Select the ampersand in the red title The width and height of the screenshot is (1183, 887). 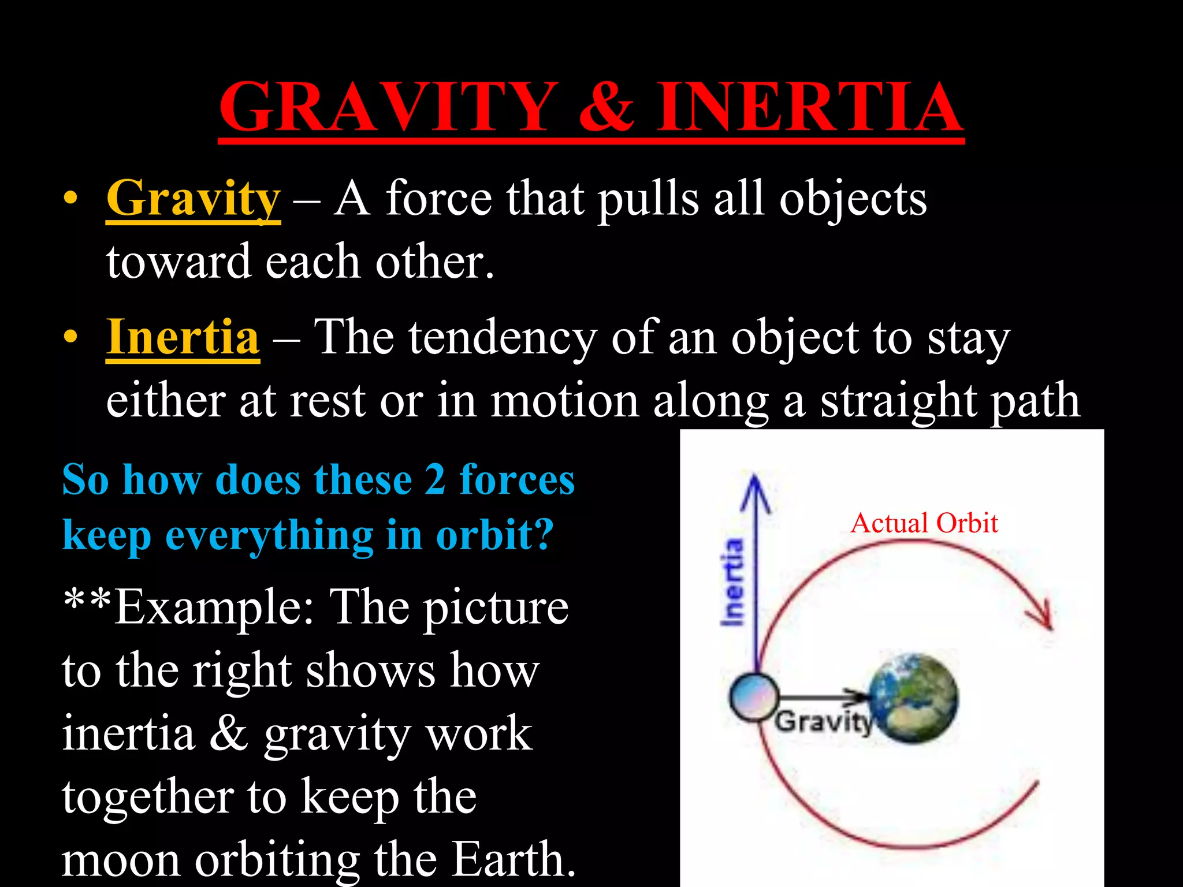coord(607,107)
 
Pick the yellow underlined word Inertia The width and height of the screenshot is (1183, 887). coord(183,337)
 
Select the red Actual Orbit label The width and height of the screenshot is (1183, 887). coord(924,523)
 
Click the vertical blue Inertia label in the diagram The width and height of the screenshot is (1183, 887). coord(732,582)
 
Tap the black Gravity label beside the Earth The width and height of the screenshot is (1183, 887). coord(823,722)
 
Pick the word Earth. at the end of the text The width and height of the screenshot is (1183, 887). coord(514,859)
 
